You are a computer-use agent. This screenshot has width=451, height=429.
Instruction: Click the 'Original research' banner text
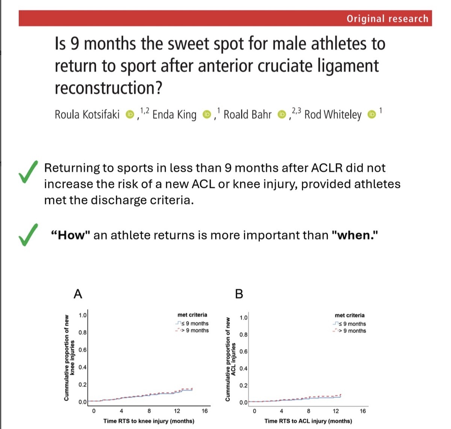click(x=387, y=19)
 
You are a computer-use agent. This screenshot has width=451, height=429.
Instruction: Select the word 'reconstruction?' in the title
click(x=109, y=88)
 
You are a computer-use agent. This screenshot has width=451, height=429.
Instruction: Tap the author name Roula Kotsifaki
click(x=87, y=114)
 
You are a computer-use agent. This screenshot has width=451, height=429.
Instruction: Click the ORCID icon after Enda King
click(x=206, y=114)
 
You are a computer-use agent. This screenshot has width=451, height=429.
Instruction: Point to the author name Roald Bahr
click(x=247, y=114)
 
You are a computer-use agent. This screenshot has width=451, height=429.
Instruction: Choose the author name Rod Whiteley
click(x=333, y=114)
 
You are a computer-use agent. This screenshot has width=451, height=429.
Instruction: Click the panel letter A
click(x=78, y=294)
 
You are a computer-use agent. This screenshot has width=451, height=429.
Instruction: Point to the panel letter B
click(x=239, y=294)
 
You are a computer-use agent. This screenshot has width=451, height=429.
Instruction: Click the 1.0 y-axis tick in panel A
click(x=83, y=315)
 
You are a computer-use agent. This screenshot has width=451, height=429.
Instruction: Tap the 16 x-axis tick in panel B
click(x=363, y=411)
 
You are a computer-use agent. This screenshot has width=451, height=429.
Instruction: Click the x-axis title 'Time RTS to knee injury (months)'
click(x=149, y=421)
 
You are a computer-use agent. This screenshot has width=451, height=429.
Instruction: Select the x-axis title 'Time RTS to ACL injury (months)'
click(x=308, y=421)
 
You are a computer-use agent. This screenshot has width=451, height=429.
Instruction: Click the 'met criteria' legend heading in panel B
click(x=350, y=316)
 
